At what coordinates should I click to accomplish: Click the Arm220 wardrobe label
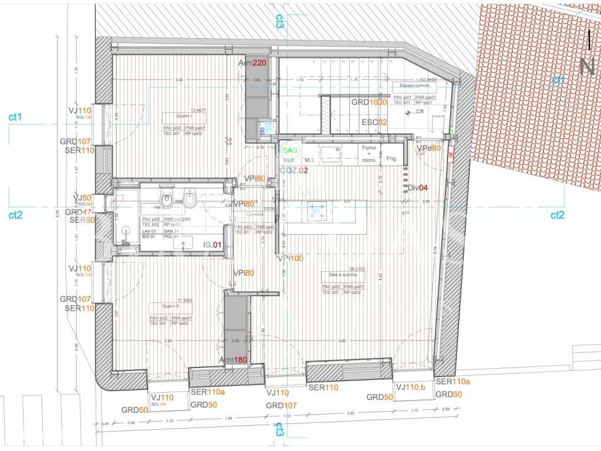click(252, 63)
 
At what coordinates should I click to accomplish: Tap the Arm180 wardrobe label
click(233, 360)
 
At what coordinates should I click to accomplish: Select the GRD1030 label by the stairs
click(369, 102)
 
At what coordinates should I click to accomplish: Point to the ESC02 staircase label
click(374, 122)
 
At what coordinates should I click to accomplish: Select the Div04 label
click(418, 188)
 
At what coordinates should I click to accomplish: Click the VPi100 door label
click(292, 258)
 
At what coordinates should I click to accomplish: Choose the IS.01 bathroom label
click(212, 245)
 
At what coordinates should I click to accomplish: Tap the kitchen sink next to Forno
click(338, 154)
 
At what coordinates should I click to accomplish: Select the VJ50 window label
click(82, 197)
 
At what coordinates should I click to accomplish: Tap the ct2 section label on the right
click(557, 215)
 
